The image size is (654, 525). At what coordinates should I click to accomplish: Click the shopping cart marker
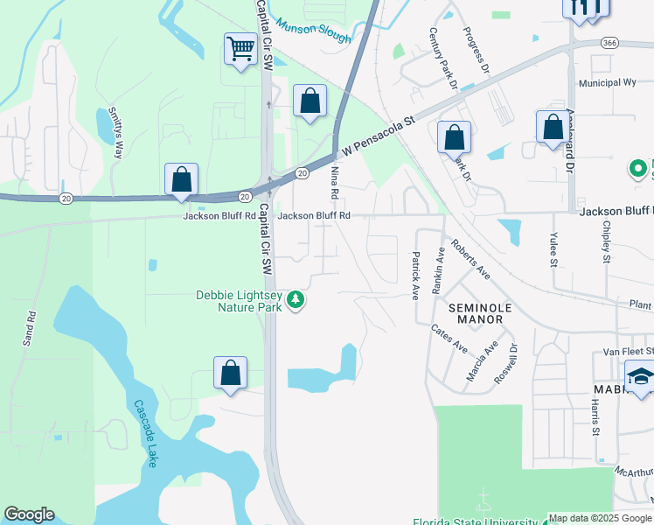[x=240, y=49]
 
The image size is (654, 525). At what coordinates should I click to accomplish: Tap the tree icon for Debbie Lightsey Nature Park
[x=296, y=301]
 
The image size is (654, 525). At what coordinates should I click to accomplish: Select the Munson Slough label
[x=313, y=32]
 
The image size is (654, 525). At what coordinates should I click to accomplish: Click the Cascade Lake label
[x=144, y=433]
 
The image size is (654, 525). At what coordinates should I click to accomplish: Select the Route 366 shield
[x=610, y=42]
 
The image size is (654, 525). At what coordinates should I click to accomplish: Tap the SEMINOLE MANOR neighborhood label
[x=476, y=313]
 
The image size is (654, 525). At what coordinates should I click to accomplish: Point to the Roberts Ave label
[x=470, y=260]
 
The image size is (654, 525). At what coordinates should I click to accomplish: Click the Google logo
[x=29, y=514]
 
